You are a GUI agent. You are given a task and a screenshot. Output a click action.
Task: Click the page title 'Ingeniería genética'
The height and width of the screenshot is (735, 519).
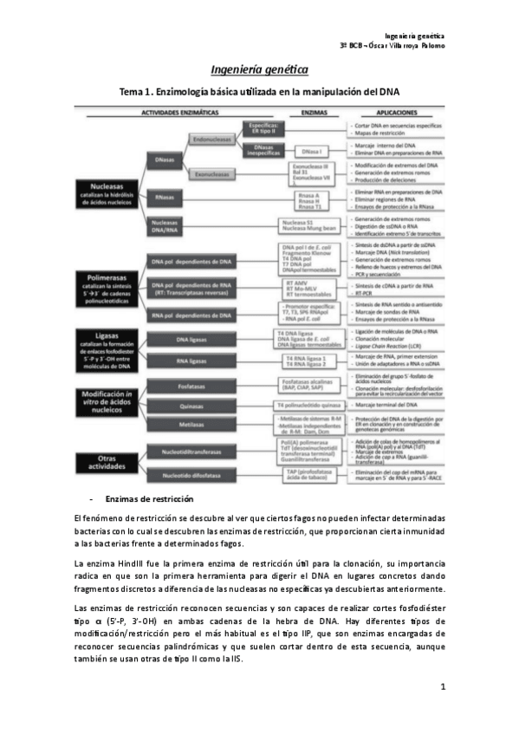(x=259, y=69)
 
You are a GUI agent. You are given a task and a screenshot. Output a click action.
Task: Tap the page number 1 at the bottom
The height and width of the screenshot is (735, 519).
(x=442, y=687)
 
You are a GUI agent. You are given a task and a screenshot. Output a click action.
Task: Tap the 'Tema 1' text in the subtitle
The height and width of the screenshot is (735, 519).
(x=135, y=92)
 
